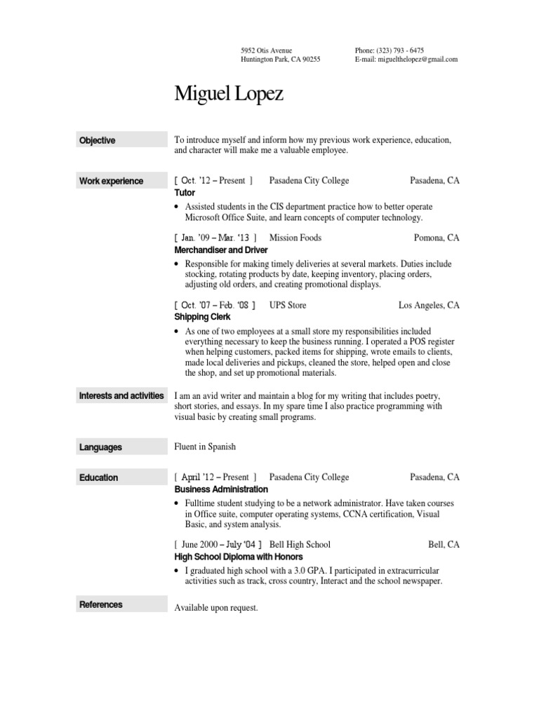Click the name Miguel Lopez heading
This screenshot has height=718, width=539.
[x=229, y=95]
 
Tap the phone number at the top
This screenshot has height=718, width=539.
[x=389, y=50]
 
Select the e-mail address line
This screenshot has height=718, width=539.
[x=406, y=60]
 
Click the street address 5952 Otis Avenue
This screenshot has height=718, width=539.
[x=266, y=50]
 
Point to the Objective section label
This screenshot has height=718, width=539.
[x=98, y=140]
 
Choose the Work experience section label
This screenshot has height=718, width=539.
[x=111, y=181]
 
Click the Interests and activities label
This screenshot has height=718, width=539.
[x=121, y=396]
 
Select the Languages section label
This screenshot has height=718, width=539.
[x=100, y=447]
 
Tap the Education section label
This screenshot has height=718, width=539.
[x=99, y=477]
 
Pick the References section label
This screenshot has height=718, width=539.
[x=101, y=604]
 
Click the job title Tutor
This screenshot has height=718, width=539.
[x=185, y=192]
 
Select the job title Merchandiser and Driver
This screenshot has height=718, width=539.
[x=221, y=250]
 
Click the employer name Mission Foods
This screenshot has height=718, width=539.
[x=295, y=238]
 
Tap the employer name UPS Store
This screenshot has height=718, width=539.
[x=288, y=305]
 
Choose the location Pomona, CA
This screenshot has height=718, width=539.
[x=437, y=238]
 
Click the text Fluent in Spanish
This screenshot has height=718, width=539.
[x=205, y=447]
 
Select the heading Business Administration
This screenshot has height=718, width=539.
[x=221, y=489]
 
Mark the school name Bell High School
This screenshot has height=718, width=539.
[x=300, y=544]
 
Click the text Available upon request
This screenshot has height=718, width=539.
[x=216, y=608]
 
